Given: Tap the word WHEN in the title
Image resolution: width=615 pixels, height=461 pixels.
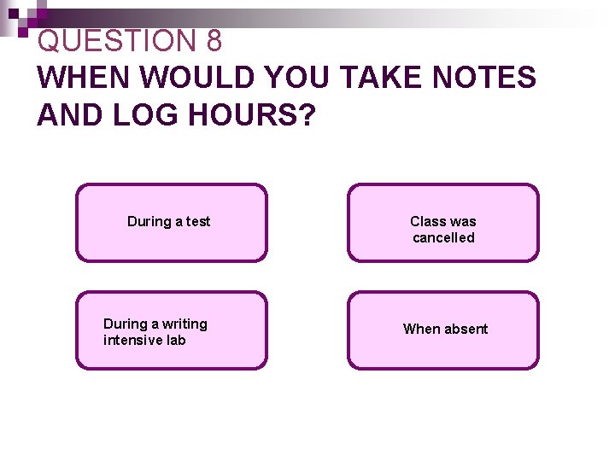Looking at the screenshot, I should (84, 78).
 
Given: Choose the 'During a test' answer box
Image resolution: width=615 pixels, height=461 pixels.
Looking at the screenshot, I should (172, 223).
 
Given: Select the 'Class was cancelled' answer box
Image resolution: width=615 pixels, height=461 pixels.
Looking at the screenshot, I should (443, 223).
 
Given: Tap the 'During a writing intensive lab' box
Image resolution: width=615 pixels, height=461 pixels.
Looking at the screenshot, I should (172, 330).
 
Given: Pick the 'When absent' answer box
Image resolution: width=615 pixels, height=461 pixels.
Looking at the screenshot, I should (443, 330).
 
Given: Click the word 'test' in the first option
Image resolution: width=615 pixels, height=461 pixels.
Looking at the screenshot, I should (198, 222).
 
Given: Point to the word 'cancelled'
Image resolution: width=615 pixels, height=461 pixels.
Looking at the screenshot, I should (443, 238).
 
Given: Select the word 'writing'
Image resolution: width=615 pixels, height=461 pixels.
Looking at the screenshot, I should (184, 324).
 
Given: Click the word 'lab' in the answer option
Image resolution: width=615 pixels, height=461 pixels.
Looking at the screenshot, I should (176, 341).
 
